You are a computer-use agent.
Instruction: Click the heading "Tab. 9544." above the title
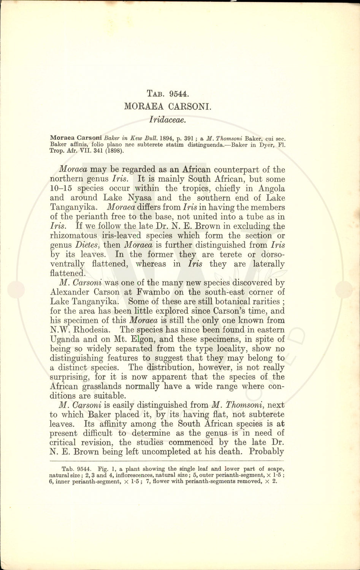coord(168,93)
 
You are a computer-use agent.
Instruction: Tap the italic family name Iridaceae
coord(168,120)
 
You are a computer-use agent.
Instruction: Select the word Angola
coord(271,188)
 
